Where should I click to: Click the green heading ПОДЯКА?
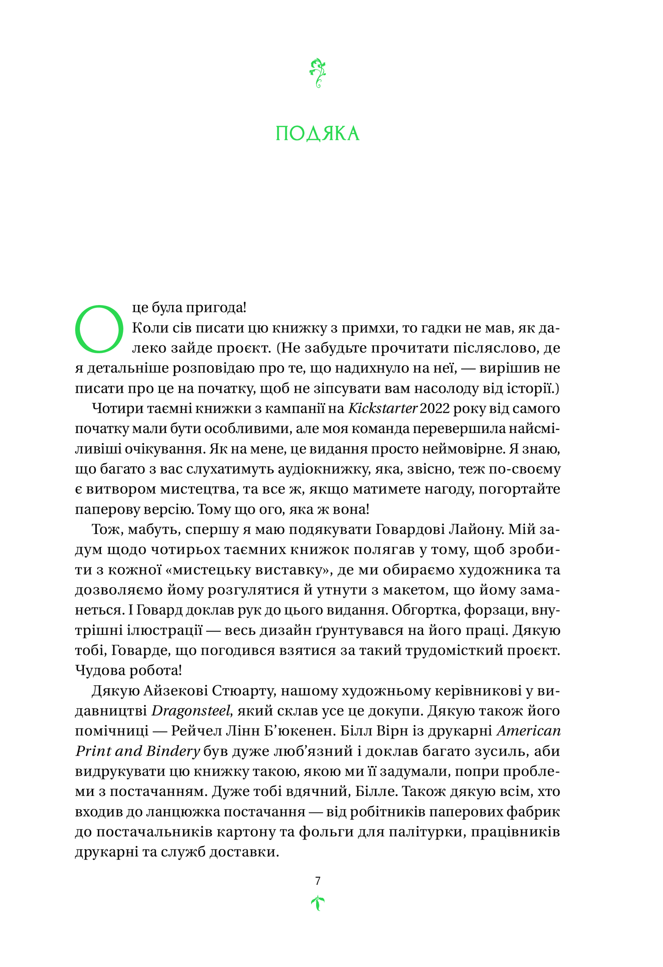[x=318, y=133]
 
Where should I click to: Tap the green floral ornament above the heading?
[x=318, y=73]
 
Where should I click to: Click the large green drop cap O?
[x=99, y=328]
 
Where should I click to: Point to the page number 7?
[x=318, y=881]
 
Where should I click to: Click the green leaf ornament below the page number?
[x=318, y=903]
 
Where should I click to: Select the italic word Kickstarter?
[x=383, y=408]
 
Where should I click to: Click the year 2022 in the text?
[x=435, y=408]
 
